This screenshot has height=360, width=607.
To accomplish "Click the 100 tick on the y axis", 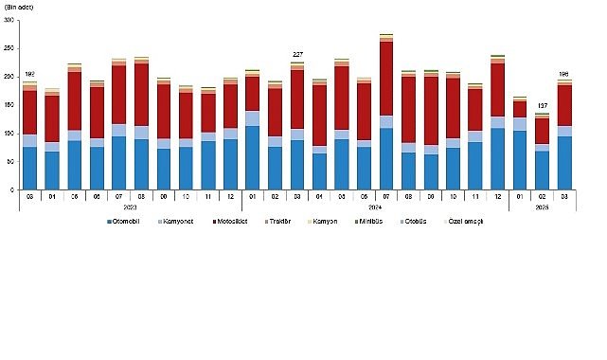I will click(x=9, y=134).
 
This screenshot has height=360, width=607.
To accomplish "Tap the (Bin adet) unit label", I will click(x=21, y=7).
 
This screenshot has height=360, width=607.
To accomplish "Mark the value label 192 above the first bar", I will click(x=29, y=74).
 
